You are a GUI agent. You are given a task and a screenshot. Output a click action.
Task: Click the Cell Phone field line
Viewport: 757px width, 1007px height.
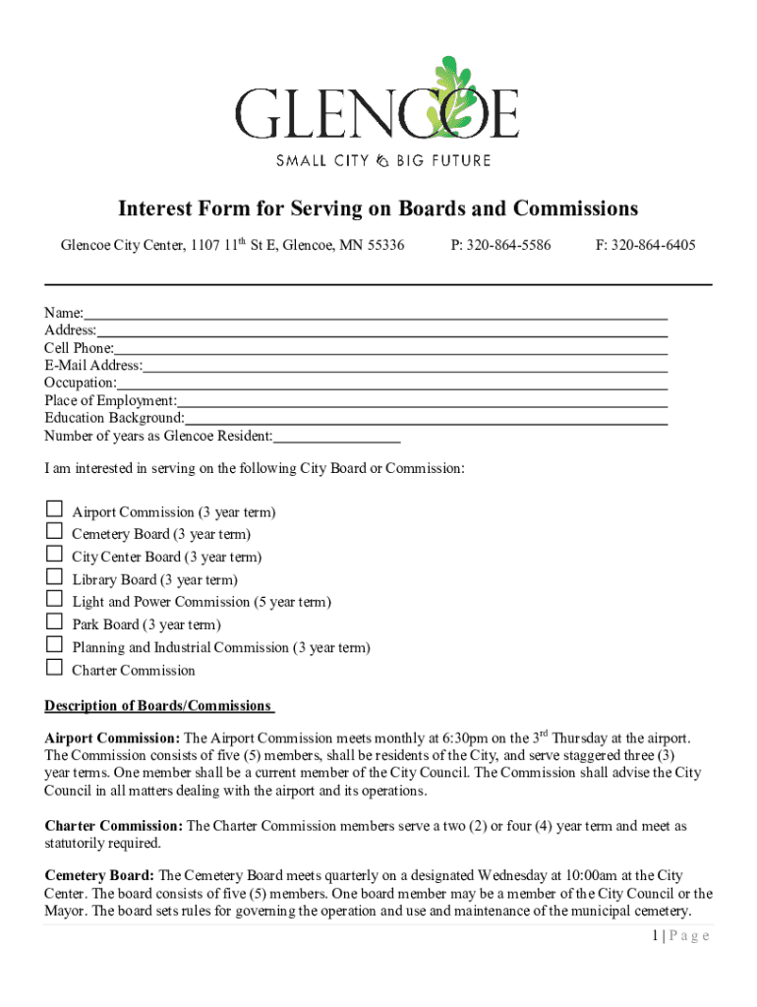pyautogui.click(x=390, y=351)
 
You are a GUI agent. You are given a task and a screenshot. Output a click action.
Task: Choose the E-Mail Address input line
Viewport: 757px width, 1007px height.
pyautogui.click(x=404, y=369)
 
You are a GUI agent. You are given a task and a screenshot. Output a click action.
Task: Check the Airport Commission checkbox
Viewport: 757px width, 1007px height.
pyautogui.click(x=54, y=509)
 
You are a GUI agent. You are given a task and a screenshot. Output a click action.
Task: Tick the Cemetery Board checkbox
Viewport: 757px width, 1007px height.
pyautogui.click(x=54, y=532)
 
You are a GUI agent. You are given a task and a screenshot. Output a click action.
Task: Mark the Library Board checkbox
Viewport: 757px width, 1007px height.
pyautogui.click(x=54, y=577)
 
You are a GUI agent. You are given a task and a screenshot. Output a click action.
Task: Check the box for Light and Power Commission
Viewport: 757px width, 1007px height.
pyautogui.click(x=54, y=600)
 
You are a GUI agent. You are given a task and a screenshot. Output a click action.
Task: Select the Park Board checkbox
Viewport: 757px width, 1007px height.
pyautogui.click(x=54, y=622)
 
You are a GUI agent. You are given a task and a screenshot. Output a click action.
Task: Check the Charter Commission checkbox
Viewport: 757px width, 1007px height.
pyautogui.click(x=54, y=668)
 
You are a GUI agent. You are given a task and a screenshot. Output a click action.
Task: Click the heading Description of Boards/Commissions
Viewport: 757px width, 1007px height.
pyautogui.click(x=157, y=706)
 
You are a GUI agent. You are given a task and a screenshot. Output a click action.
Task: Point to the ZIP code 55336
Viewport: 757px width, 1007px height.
pyautogui.click(x=384, y=245)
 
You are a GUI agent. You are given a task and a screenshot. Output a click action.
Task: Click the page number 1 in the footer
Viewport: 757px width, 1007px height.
pyautogui.click(x=655, y=936)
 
